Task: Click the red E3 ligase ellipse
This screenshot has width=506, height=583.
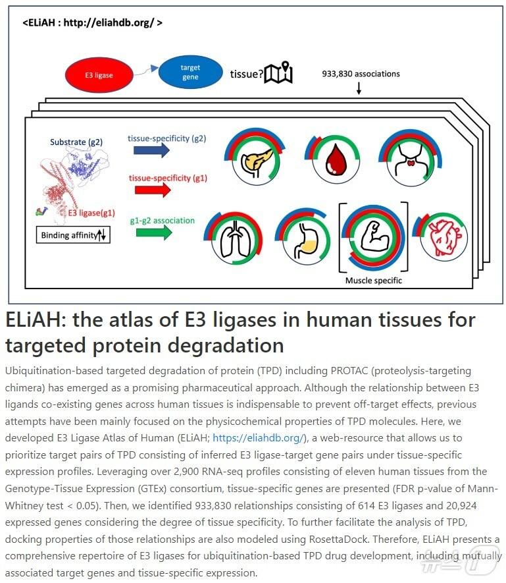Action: (98, 75)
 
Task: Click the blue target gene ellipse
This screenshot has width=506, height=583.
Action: (190, 72)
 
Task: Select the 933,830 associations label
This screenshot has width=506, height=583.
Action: (361, 74)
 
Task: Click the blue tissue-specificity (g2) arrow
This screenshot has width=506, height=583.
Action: (151, 151)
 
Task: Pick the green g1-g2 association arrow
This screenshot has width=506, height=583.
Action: (151, 232)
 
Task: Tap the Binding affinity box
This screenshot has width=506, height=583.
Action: (73, 235)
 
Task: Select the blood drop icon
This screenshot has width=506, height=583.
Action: (326, 159)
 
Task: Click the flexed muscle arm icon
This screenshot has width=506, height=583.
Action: (372, 240)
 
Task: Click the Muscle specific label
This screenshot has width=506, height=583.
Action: (373, 280)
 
